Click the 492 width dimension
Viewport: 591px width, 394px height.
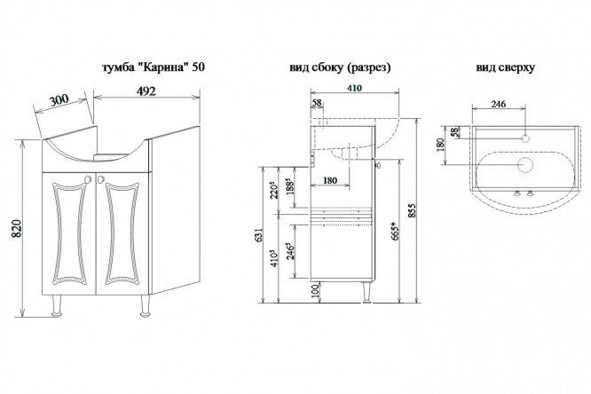click(x=146, y=91)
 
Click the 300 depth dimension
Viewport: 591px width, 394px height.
click(x=59, y=100)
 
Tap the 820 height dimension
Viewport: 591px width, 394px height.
click(x=18, y=228)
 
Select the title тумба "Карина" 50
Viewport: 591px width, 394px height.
click(x=154, y=67)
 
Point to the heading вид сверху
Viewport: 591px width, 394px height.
click(x=506, y=67)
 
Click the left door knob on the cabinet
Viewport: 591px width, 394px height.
click(x=89, y=179)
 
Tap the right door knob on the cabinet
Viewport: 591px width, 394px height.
click(x=100, y=179)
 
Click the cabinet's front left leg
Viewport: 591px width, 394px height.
click(x=57, y=305)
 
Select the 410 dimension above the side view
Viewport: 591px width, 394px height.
click(x=354, y=88)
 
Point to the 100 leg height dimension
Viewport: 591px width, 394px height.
click(x=316, y=291)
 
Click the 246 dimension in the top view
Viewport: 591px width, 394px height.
click(x=499, y=104)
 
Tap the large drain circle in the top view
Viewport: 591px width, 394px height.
click(x=524, y=164)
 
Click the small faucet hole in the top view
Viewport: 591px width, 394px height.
click(x=524, y=138)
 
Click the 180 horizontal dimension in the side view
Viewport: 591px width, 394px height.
click(x=330, y=180)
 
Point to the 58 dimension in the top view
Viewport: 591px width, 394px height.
click(x=455, y=132)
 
